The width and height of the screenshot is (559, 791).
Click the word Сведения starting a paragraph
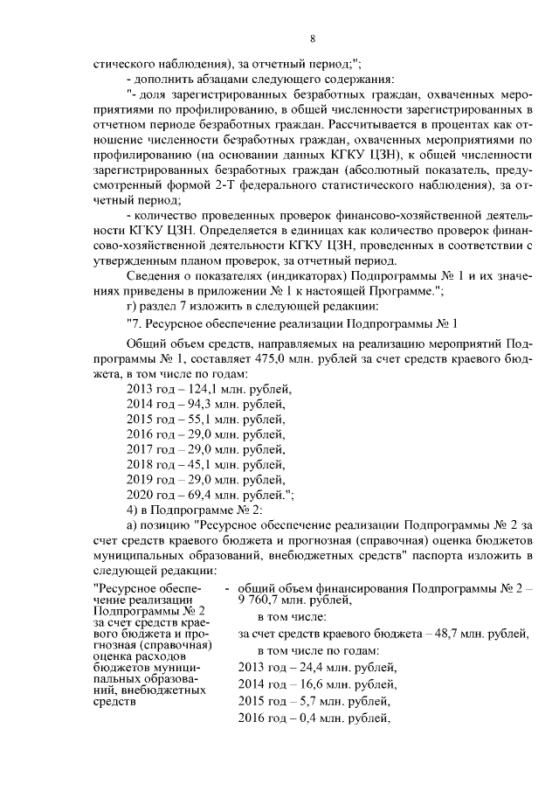(152, 274)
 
